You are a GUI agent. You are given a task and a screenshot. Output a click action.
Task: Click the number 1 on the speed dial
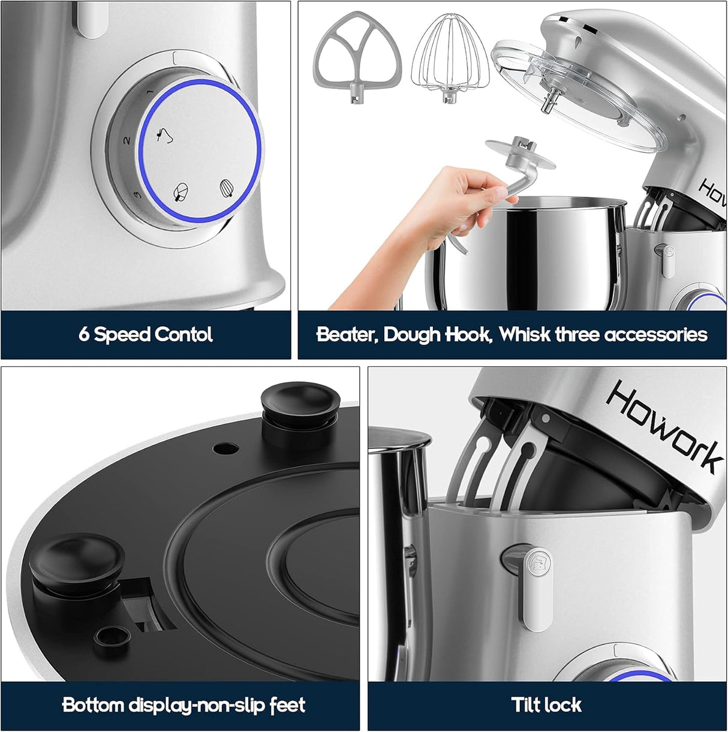point(149,93)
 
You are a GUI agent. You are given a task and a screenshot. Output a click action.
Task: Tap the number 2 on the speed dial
point(127,140)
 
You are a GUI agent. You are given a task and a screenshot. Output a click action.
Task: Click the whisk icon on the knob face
point(225,188)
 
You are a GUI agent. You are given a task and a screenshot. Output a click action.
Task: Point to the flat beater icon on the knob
point(180,192)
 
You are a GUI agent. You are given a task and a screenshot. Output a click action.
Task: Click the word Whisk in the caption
point(524,334)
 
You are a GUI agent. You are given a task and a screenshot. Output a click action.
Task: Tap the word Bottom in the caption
point(93,704)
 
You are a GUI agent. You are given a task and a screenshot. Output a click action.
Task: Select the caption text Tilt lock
point(546,704)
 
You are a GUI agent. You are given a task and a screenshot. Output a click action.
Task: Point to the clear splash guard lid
point(579,99)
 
